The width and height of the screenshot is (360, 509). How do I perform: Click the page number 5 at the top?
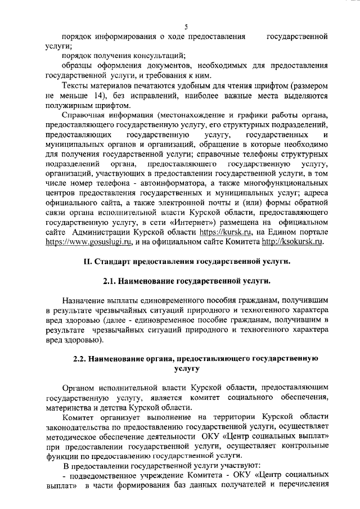186,26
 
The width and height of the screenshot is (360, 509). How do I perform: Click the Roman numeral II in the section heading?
87,278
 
